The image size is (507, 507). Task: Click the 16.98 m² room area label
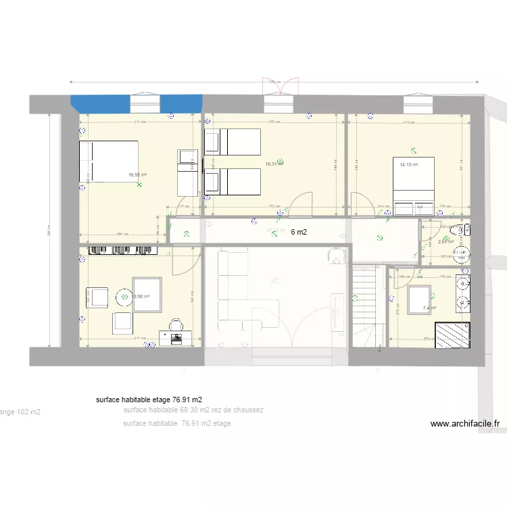(138, 174)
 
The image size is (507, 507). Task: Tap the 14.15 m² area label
(408, 164)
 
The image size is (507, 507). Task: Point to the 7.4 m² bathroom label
(429, 308)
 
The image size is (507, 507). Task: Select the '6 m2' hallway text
(298, 232)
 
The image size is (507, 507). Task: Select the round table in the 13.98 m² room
(125, 295)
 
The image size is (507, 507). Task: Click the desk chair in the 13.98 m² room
(176, 325)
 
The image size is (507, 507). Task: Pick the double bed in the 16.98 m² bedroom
(109, 162)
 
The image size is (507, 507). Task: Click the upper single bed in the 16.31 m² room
(233, 142)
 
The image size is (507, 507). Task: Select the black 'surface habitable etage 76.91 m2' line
(149, 400)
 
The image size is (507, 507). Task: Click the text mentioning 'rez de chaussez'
(194, 410)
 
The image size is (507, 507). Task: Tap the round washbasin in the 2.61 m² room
(462, 254)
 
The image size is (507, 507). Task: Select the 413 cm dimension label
(408, 122)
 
